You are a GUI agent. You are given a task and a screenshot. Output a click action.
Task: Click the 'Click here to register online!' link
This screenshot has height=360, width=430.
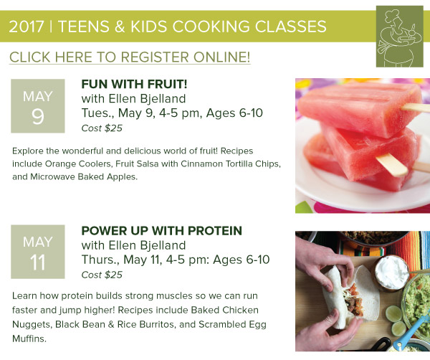[x=130, y=57]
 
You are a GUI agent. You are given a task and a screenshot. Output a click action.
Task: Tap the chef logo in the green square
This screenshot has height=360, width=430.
[x=399, y=37]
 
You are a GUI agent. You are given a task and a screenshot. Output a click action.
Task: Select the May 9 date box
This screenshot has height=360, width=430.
[x=38, y=106]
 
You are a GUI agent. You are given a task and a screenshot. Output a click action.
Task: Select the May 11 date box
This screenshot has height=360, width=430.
[x=38, y=252]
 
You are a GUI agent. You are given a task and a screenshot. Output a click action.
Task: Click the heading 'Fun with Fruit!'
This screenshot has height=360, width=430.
[x=134, y=84]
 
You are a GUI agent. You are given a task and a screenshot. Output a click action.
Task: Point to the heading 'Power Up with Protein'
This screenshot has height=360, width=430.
[x=161, y=230]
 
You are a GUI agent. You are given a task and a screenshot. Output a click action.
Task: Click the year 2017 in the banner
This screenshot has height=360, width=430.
[x=26, y=27]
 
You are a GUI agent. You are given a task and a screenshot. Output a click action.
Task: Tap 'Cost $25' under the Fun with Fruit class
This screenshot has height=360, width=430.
[x=102, y=128]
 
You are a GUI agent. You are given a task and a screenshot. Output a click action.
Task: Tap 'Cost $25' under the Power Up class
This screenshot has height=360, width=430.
[x=102, y=275]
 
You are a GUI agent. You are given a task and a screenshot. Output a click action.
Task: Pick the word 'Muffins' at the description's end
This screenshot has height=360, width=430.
[x=29, y=338]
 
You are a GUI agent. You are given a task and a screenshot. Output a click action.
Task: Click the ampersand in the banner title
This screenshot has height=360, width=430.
[x=118, y=27]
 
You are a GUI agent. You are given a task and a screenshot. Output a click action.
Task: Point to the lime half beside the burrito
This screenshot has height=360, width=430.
[x=393, y=313]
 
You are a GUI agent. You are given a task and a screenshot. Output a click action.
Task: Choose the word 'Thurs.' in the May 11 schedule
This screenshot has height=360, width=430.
[x=100, y=260]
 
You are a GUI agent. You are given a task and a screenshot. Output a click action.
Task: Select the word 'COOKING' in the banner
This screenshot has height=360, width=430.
[x=211, y=27]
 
